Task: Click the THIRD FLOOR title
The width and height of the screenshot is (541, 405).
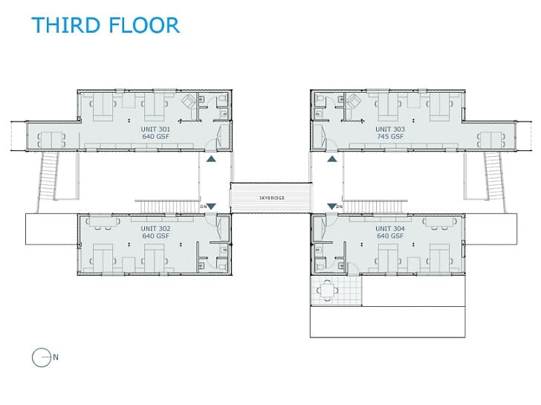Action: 106,25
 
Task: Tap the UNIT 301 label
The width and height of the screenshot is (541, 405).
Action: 155,129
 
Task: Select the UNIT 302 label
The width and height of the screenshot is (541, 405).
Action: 155,228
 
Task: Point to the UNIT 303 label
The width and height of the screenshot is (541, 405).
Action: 390,129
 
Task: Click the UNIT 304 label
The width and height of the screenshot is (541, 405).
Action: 390,228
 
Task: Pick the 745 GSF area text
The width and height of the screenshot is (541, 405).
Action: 390,137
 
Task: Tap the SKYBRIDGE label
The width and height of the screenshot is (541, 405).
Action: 272,198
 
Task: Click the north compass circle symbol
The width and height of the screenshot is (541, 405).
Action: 42,357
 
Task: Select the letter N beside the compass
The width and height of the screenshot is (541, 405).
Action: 56,357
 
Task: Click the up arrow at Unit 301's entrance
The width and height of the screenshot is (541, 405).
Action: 211,159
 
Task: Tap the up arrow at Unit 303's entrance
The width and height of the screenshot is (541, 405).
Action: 332,159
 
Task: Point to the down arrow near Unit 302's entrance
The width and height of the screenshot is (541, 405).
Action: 211,207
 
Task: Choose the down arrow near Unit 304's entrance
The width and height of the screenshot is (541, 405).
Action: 332,207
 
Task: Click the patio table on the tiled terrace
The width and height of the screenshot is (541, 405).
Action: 327,291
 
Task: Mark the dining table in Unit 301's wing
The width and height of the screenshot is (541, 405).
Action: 51,140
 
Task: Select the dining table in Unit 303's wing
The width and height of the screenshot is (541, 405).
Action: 491,140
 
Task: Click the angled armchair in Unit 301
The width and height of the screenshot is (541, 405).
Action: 189,101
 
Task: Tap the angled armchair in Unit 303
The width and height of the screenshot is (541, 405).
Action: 353,101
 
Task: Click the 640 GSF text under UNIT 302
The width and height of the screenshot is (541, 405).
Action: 155,236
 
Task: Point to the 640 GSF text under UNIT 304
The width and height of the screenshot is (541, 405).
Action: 390,236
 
